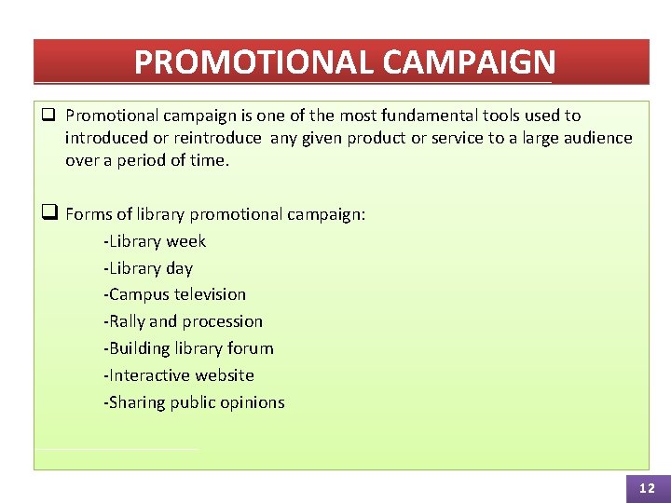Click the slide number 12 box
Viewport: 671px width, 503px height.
click(647, 487)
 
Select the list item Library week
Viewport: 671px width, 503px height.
click(155, 241)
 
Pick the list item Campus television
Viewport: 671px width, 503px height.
click(174, 294)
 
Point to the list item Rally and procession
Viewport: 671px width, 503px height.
click(183, 321)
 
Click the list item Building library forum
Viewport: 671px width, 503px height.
click(188, 348)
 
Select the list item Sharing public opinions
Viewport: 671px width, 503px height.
click(194, 402)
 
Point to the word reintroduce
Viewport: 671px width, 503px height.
click(219, 138)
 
